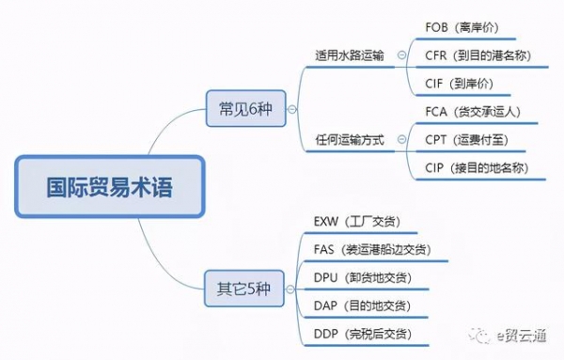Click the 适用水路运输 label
(351, 54)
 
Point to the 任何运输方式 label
(351, 139)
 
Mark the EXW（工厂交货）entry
(357, 222)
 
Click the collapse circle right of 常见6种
(290, 108)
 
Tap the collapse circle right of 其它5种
(288, 288)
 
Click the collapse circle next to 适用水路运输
(402, 54)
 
